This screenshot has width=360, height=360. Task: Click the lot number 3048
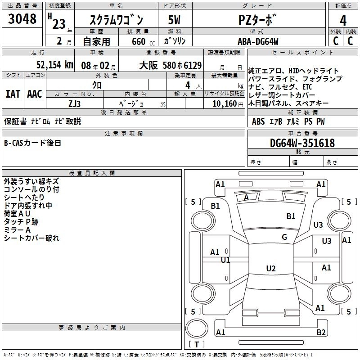22,19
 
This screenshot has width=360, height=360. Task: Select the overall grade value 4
343,20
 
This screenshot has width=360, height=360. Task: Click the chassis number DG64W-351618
302,143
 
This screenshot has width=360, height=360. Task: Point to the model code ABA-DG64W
258,41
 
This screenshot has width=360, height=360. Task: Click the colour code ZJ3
74,103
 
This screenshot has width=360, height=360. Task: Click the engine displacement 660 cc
138,41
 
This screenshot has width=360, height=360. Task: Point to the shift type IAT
13,94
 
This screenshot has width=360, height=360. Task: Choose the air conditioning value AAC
35,94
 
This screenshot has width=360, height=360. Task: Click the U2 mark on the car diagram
271,269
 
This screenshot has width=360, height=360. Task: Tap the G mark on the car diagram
284,237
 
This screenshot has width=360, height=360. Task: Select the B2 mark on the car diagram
321,333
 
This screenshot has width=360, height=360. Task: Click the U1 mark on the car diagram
225,260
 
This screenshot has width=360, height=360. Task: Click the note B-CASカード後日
32,143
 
